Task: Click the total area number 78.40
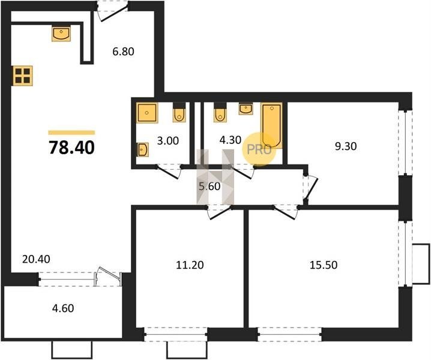72,147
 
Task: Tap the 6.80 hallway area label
123,52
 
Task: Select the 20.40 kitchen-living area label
36,259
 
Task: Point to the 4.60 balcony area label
63,308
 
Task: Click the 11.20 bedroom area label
190,265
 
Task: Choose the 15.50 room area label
324,265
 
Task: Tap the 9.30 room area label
346,146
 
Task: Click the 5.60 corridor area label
209,187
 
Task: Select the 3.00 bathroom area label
168,141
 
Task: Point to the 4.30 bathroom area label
231,140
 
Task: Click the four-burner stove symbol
22,76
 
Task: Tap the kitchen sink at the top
61,34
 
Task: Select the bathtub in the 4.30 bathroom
271,125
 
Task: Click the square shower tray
148,113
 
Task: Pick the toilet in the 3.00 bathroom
179,112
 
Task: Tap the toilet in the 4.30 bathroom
220,112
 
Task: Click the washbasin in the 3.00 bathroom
143,150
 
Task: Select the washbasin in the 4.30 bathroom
246,109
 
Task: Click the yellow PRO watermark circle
259,149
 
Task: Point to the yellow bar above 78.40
71,133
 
